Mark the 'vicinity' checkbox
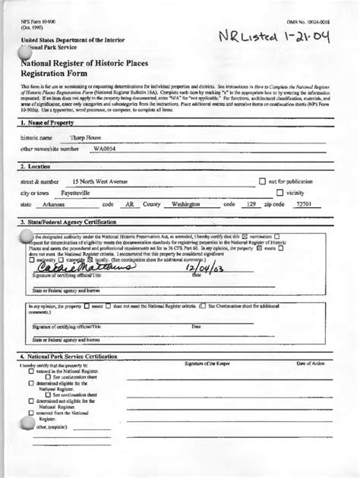(279, 193)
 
